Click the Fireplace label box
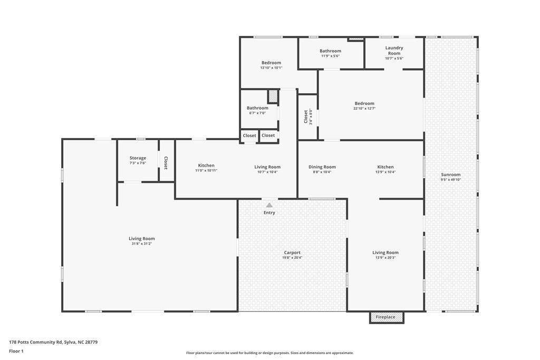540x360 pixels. click(x=385, y=317)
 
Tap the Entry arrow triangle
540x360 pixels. click(x=269, y=205)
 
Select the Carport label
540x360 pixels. click(x=292, y=252)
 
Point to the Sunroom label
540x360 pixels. click(x=451, y=174)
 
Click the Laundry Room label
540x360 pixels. click(x=394, y=51)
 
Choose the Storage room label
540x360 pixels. click(x=138, y=158)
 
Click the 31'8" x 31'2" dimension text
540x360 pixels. click(x=142, y=244)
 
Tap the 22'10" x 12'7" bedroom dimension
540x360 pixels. click(x=364, y=109)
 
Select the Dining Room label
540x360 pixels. click(x=322, y=167)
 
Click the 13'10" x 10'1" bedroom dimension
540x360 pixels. click(x=271, y=67)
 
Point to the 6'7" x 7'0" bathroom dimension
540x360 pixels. click(x=257, y=113)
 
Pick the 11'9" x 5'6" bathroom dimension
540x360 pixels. click(x=330, y=56)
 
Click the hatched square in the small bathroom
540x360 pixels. click(x=273, y=96)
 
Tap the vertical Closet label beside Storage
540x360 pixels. click(x=166, y=163)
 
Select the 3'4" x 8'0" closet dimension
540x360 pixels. click(x=311, y=116)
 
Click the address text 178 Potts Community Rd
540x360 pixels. click(x=53, y=342)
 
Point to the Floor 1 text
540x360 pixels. click(x=16, y=351)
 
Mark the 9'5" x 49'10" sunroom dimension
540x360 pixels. click(x=451, y=180)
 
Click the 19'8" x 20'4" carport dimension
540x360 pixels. click(x=292, y=258)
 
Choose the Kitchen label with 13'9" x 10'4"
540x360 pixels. click(x=385, y=167)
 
